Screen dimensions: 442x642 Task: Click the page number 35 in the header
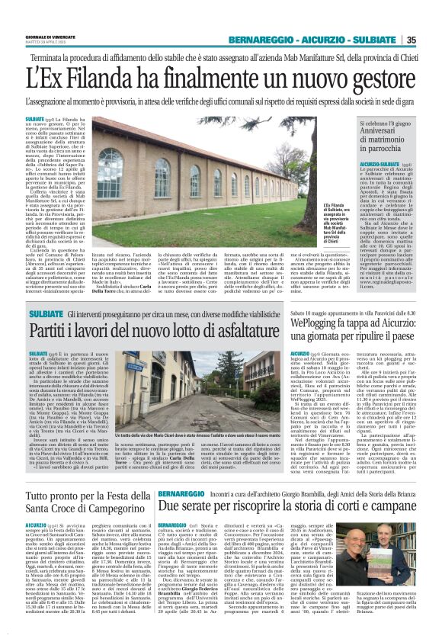431,40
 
